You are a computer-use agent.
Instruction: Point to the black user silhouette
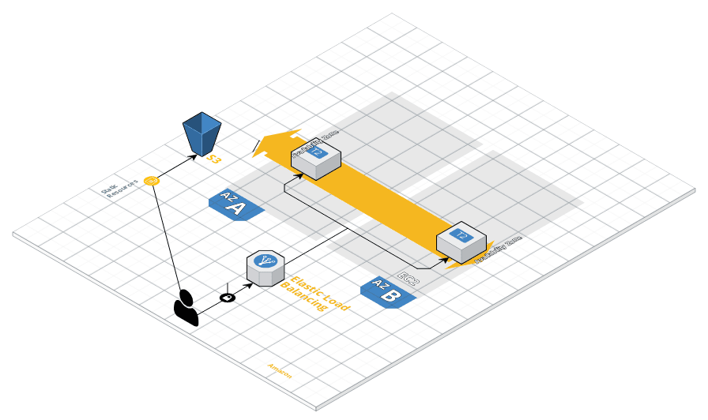186,308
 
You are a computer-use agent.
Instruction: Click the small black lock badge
228,298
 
